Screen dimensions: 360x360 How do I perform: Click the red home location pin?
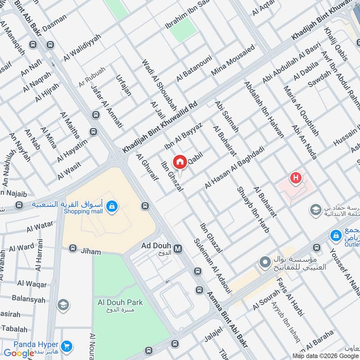(180, 162)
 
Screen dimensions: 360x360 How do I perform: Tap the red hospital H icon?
(296, 178)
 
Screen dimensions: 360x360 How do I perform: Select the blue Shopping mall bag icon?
(112, 207)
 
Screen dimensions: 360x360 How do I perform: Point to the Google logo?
(19, 353)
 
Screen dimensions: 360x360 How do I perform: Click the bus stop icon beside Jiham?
(72, 248)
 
